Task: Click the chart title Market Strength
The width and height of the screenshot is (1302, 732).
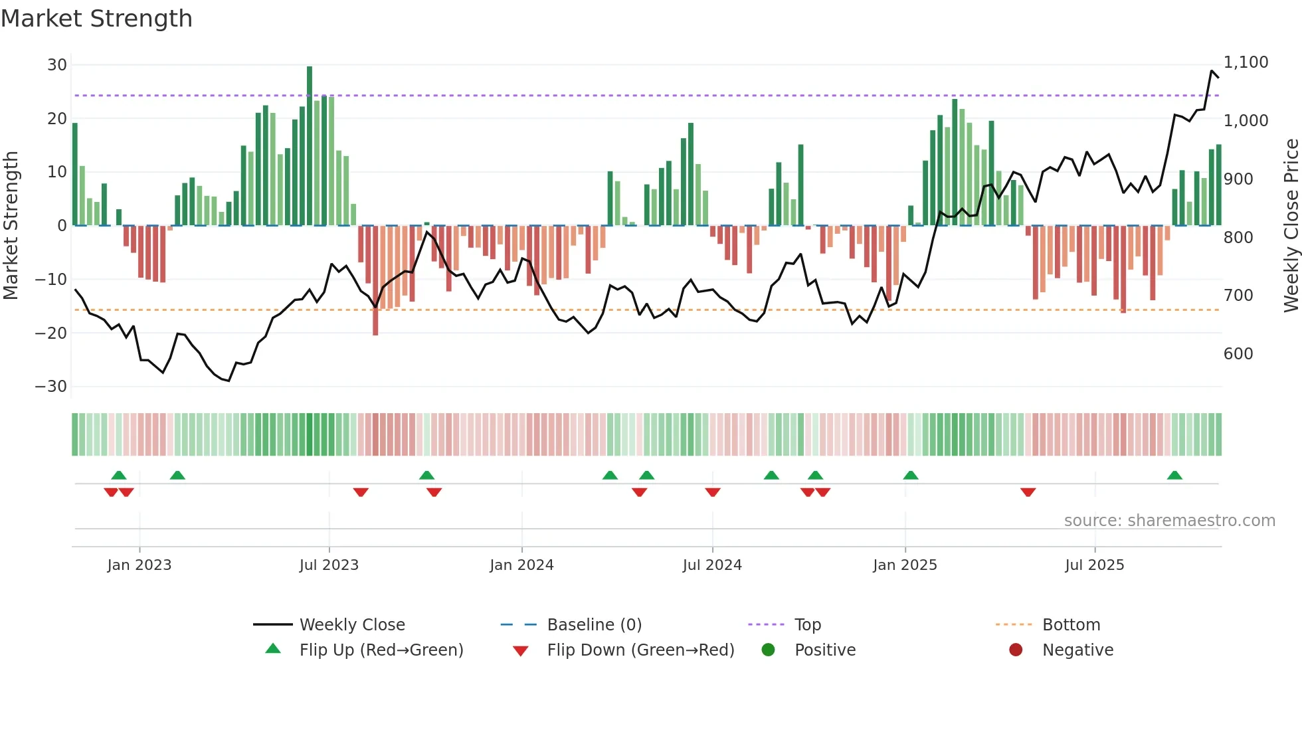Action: click(x=96, y=19)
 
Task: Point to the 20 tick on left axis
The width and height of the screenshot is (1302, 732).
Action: click(x=56, y=119)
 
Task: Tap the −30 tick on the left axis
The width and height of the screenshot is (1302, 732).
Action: click(x=51, y=387)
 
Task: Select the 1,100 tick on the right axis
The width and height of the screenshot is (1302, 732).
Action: click(x=1246, y=62)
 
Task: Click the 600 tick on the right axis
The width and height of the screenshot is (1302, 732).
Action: click(x=1238, y=354)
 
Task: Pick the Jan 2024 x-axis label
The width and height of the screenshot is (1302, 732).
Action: click(x=521, y=565)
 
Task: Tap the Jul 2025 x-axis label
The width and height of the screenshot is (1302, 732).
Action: click(x=1094, y=565)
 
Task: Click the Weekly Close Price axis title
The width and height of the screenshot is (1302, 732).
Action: click(x=1291, y=226)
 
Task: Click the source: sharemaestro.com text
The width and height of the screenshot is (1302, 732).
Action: click(x=1169, y=521)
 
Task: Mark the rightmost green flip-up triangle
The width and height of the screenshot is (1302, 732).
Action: click(x=1174, y=476)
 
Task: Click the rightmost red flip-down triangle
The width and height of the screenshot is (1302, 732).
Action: click(x=1028, y=492)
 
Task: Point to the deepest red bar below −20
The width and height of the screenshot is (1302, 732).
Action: click(x=375, y=280)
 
